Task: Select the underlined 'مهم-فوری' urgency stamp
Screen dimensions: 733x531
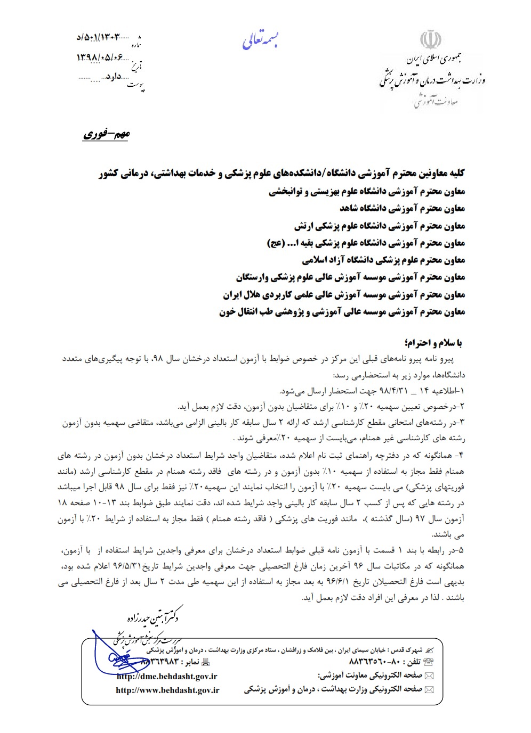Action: pyautogui.click(x=106, y=134)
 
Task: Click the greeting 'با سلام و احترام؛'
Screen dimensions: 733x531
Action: pyautogui.click(x=435, y=342)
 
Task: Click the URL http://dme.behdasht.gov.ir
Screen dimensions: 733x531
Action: pyautogui.click(x=167, y=676)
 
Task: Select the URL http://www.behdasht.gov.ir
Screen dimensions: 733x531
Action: pyautogui.click(x=167, y=690)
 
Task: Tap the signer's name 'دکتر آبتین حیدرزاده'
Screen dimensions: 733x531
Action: pyautogui.click(x=152, y=617)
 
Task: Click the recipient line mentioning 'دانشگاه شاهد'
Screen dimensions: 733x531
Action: pyautogui.click(x=402, y=208)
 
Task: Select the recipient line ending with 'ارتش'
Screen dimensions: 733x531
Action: pyautogui.click(x=380, y=226)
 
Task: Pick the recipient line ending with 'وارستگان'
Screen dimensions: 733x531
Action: pyautogui.click(x=350, y=277)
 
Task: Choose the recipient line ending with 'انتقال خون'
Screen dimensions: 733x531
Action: pyautogui.click(x=342, y=312)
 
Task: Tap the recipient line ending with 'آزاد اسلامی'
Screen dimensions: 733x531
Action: pyautogui.click(x=383, y=260)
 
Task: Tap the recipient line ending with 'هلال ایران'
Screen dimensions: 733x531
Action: pyautogui.click(x=344, y=295)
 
